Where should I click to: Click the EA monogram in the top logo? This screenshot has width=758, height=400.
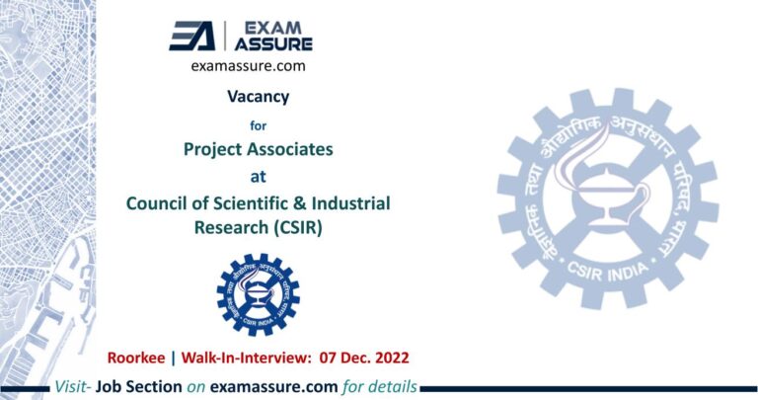192,36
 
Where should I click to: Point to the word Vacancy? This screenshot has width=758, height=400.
258,98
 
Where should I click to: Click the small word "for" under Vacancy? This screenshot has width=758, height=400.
258,125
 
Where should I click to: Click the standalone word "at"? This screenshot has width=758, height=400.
258,178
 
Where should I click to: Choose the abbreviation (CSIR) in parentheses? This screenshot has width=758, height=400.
300,228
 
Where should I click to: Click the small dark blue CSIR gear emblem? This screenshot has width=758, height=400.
258,292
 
